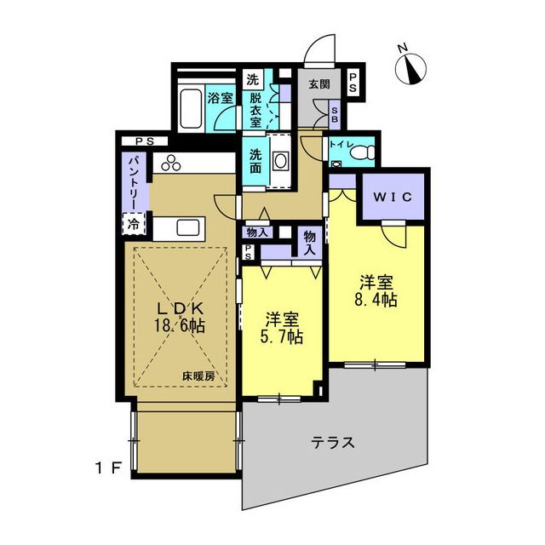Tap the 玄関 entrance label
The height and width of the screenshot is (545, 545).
pos(319,83)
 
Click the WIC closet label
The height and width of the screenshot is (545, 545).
pos(393,197)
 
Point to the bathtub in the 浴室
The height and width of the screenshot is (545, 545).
pos(191,108)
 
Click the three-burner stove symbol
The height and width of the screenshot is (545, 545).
pos(171,163)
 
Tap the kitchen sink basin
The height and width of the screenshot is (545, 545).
pos(187,228)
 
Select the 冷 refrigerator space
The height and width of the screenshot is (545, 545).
pos(133,224)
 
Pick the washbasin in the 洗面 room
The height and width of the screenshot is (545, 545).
pos(281,161)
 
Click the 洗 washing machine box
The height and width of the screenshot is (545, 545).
pos(253,79)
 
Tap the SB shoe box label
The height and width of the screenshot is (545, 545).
pos(335,114)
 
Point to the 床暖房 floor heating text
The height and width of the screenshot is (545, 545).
pos(198,376)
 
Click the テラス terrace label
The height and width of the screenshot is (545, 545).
pos(333,443)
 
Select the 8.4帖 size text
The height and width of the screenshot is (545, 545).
pos(376,300)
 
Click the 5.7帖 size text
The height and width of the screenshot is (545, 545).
pos(282,336)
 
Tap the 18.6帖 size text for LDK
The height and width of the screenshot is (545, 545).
pos(180,325)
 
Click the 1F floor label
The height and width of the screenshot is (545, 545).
pos(108,469)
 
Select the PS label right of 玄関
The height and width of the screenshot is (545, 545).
pos(353,83)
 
